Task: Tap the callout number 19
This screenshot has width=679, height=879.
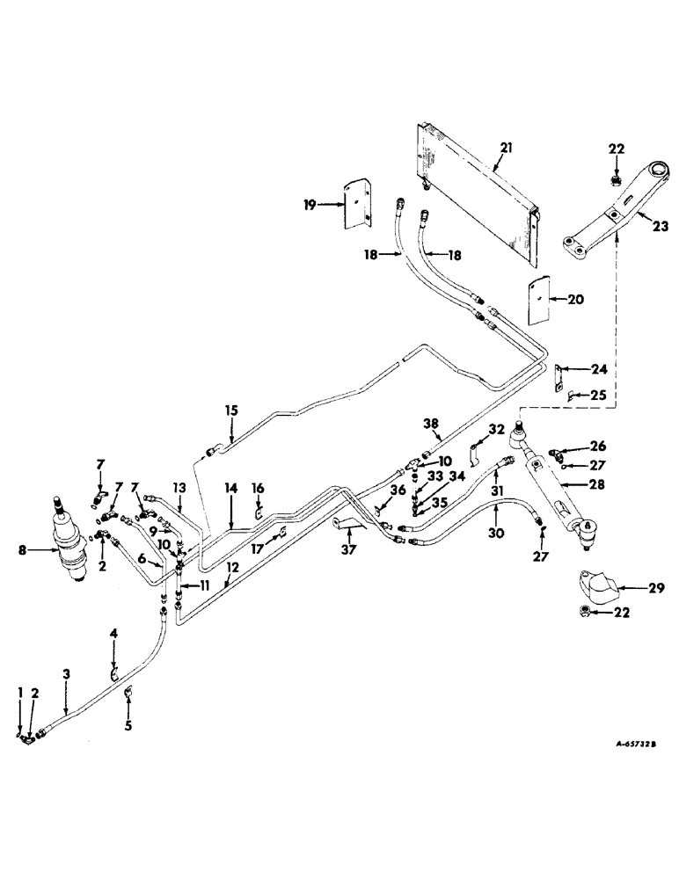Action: pyautogui.click(x=310, y=205)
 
